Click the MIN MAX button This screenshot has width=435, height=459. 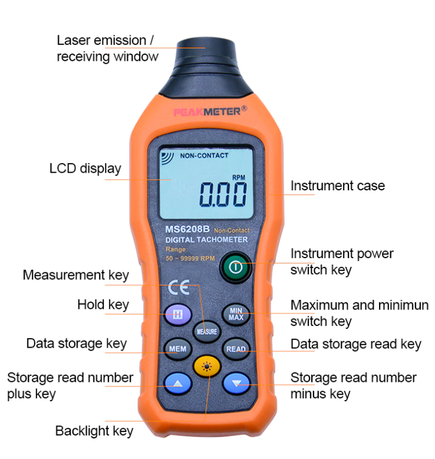pos(236,314)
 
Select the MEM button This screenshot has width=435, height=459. pos(177,349)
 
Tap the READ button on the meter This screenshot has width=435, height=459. pos(236,349)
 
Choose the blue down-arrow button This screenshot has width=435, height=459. pos(236,384)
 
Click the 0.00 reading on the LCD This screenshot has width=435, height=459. pos(223,194)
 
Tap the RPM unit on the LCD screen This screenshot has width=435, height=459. pos(238,177)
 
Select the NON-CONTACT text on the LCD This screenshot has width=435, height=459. pos(204,156)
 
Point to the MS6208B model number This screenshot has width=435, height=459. pos(187,230)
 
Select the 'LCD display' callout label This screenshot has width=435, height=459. pos(85,169)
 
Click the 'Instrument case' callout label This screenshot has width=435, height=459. pos(337,186)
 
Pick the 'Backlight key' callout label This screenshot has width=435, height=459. pos(94,431)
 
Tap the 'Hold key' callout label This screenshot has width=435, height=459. pos(103,305)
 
